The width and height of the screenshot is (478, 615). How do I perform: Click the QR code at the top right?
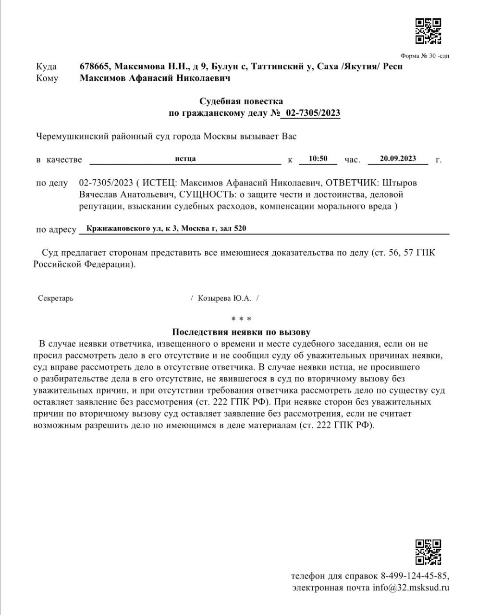pyautogui.click(x=428, y=31)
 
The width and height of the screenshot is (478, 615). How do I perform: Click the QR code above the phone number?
pyautogui.click(x=428, y=552)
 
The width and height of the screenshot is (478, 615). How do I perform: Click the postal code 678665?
pyautogui.click(x=95, y=66)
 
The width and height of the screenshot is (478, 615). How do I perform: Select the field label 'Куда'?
pyautogui.click(x=46, y=67)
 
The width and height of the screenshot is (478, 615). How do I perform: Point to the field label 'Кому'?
pyautogui.click(x=47, y=78)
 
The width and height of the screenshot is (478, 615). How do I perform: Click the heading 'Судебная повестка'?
pyautogui.click(x=241, y=101)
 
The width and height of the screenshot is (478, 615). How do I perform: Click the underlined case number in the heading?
pyautogui.click(x=313, y=113)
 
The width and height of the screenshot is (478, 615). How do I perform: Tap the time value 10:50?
pyautogui.click(x=318, y=159)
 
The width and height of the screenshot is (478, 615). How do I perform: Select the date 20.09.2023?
pyautogui.click(x=398, y=159)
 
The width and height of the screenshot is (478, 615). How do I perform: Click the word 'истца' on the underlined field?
pyautogui.click(x=185, y=159)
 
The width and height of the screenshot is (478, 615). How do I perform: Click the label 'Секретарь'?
pyautogui.click(x=56, y=298)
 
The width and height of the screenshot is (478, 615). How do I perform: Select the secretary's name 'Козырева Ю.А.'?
pyautogui.click(x=224, y=298)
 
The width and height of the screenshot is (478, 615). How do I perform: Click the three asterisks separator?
pyautogui.click(x=241, y=319)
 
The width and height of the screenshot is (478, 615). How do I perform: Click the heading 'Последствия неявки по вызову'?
pyautogui.click(x=241, y=332)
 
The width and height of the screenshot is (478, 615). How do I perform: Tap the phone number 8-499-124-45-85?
pyautogui.click(x=415, y=576)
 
